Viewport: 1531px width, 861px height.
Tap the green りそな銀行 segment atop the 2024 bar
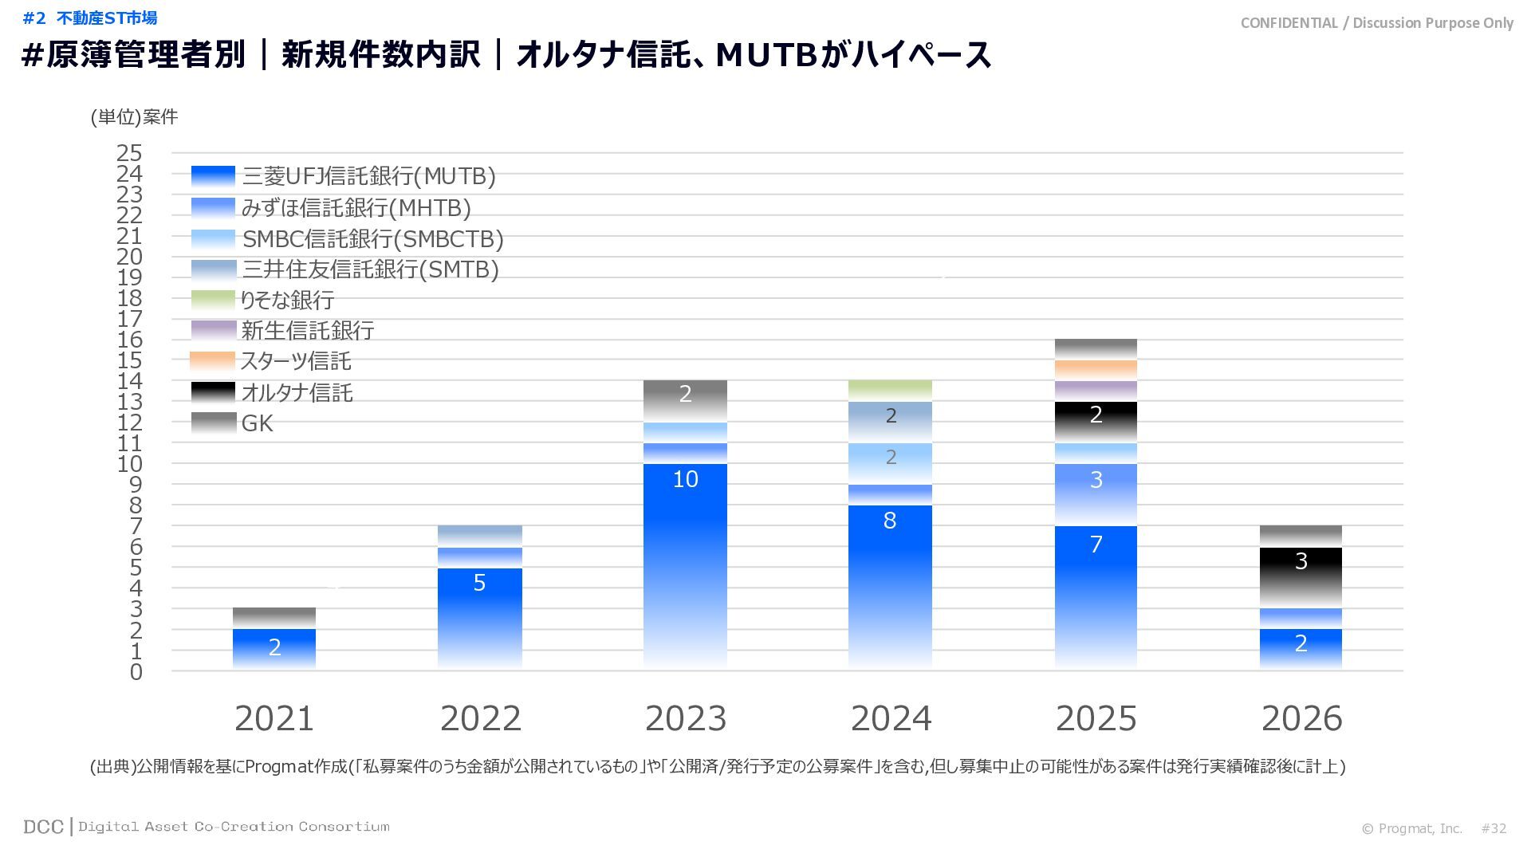(x=890, y=391)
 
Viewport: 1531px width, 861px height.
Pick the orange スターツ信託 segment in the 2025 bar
(x=1096, y=370)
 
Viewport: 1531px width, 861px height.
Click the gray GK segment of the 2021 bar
(x=274, y=618)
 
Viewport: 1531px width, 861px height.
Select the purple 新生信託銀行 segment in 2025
(x=1096, y=391)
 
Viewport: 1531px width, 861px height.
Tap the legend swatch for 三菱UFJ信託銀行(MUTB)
(x=213, y=176)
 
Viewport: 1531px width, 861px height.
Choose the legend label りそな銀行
(x=288, y=301)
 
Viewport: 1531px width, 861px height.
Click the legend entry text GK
(x=257, y=423)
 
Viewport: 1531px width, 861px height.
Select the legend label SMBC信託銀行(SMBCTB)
(x=372, y=239)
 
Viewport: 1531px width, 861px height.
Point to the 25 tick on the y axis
(x=129, y=153)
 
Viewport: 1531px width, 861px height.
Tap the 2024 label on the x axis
(x=891, y=718)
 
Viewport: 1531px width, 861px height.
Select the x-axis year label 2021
(x=274, y=718)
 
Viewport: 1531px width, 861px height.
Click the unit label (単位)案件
(x=134, y=117)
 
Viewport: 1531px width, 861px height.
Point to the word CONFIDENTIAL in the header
(x=1289, y=23)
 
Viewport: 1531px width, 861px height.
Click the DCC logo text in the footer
(x=43, y=827)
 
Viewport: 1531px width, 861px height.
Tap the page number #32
(x=1494, y=828)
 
